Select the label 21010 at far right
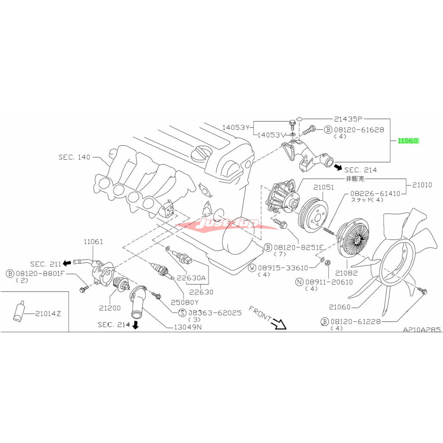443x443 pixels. (422, 185)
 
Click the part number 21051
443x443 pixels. (324, 187)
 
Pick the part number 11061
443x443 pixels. (91, 241)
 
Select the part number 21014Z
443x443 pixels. (48, 313)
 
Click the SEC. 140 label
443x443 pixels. (74, 157)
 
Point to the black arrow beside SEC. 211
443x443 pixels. (67, 263)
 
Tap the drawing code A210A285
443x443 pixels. (422, 330)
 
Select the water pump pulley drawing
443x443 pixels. (312, 213)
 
